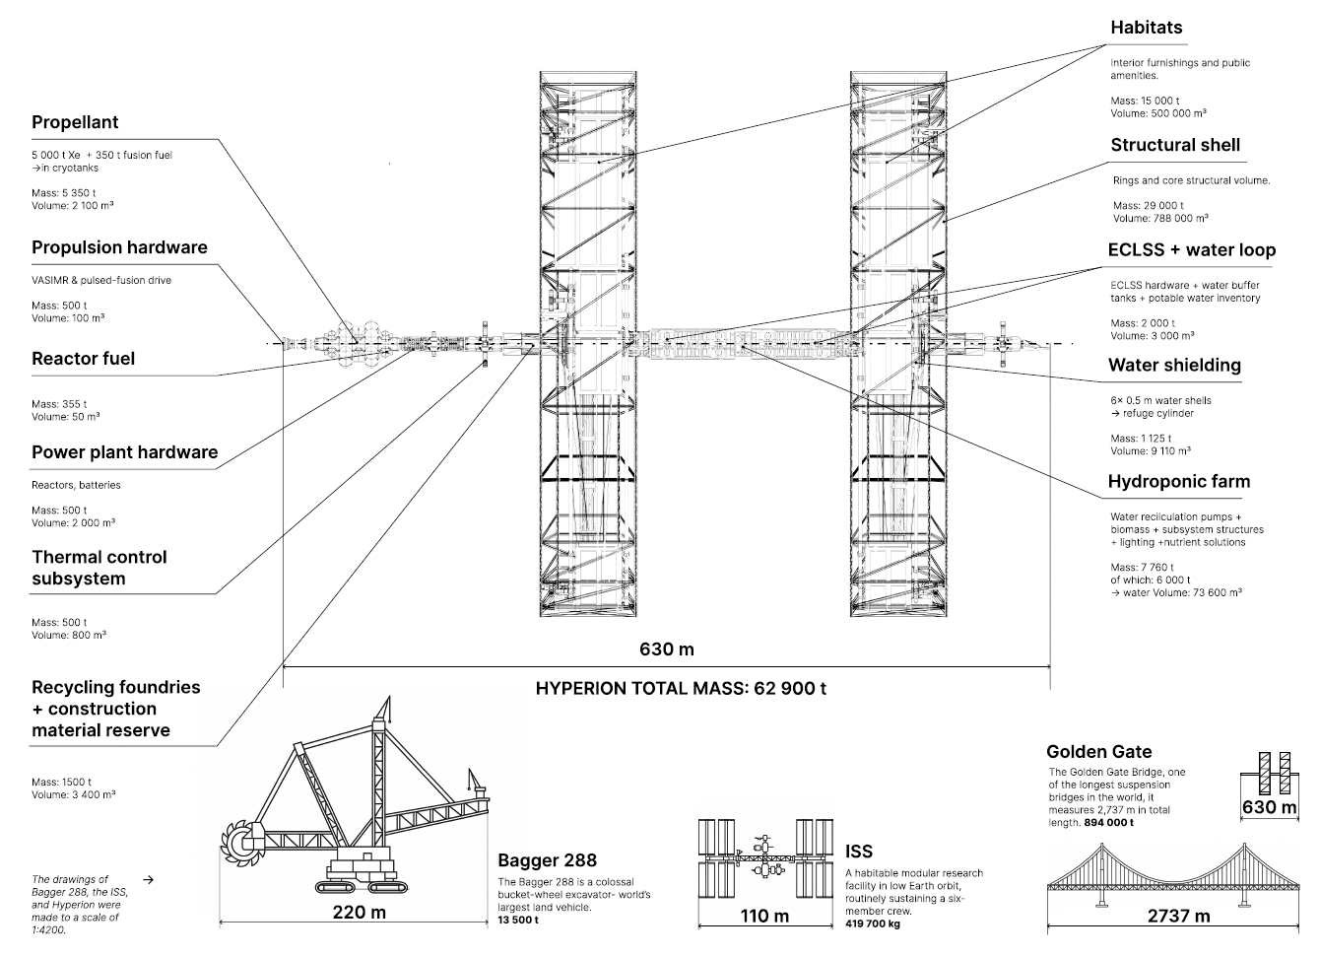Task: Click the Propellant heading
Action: [75, 122]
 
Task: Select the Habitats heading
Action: [1146, 28]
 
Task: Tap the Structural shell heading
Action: [1175, 145]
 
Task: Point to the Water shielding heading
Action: [1174, 365]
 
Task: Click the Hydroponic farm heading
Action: [1178, 481]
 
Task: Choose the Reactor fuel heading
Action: [83, 359]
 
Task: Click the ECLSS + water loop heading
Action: [1191, 249]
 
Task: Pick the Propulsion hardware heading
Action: [119, 247]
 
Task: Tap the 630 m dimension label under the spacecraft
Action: [667, 649]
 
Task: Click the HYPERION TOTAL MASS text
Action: [681, 688]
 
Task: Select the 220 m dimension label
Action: [359, 912]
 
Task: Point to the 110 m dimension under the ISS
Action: [764, 916]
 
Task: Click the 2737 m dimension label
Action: [1178, 916]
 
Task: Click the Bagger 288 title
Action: [547, 860]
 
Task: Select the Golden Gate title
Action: [1098, 751]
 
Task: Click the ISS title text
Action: [858, 852]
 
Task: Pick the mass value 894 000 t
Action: [1108, 822]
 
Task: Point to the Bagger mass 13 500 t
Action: [518, 920]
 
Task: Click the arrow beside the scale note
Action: [148, 877]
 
